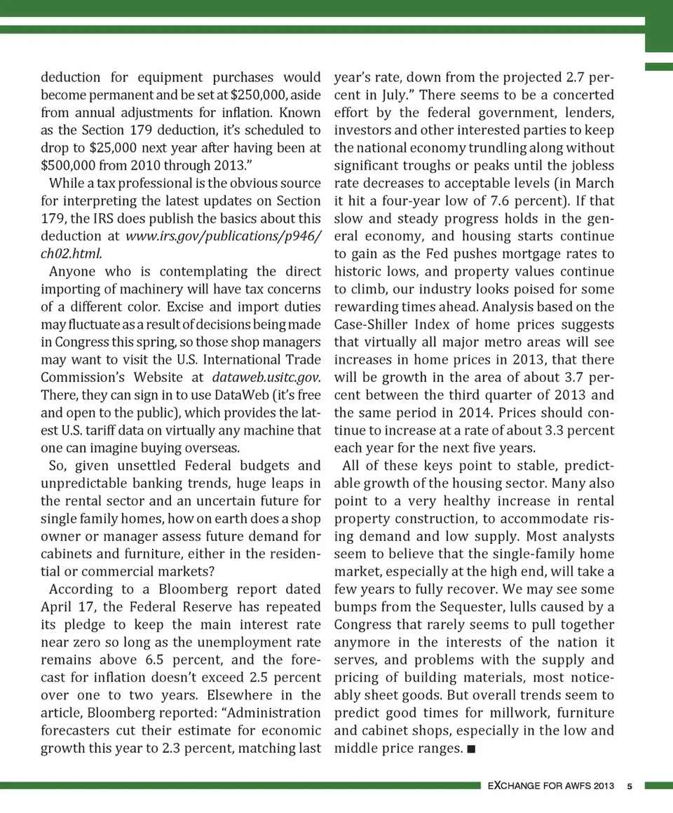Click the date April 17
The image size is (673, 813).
[67, 607]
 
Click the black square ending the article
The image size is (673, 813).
[470, 749]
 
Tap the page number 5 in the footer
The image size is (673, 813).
[630, 786]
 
